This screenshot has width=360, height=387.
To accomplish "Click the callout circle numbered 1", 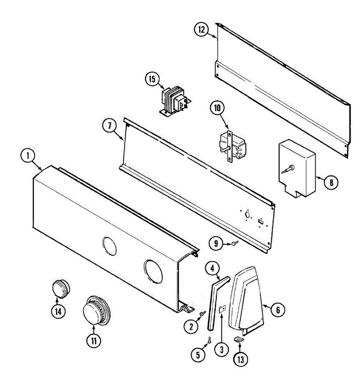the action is [x=28, y=156].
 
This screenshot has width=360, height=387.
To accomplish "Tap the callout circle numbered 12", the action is [x=202, y=30].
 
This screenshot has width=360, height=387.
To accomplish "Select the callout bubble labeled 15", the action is [x=152, y=79].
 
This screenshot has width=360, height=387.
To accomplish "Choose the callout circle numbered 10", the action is [x=217, y=108].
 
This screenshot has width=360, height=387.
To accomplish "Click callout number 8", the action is [x=331, y=183].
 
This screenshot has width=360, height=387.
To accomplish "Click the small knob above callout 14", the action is [x=61, y=288].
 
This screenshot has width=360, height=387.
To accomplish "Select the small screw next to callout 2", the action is [x=203, y=313].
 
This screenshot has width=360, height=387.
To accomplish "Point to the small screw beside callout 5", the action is [x=209, y=339].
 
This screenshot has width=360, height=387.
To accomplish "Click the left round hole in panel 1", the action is [x=109, y=246].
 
